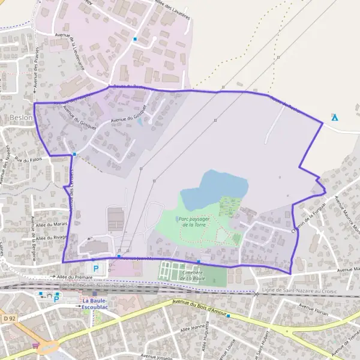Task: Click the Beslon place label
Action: click(21, 118)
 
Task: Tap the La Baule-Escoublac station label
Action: click(100, 303)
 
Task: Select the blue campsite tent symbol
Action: click(335, 117)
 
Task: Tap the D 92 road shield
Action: click(8, 317)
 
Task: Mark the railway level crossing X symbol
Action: click(256, 293)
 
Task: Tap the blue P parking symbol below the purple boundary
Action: click(95, 268)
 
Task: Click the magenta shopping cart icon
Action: click(37, 346)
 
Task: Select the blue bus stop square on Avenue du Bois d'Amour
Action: click(228, 316)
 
